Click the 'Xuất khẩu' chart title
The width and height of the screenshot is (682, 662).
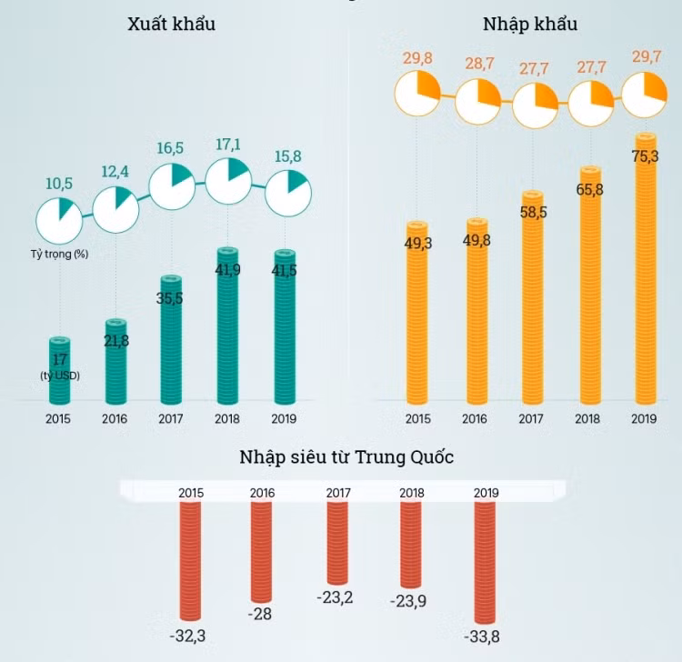tap(172, 24)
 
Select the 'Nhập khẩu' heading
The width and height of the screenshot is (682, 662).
tap(530, 24)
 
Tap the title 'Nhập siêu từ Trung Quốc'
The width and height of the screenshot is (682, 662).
tap(346, 456)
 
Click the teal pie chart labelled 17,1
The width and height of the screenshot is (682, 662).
tap(228, 180)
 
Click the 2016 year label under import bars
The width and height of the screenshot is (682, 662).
tap(474, 419)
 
